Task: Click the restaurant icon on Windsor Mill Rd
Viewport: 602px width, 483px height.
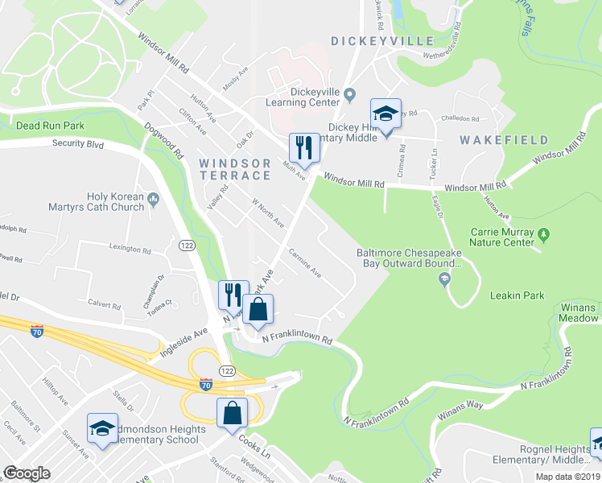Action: coord(304,147)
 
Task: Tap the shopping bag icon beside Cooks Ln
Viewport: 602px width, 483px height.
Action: coord(232,413)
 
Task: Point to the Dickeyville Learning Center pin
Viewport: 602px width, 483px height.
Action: coord(349,96)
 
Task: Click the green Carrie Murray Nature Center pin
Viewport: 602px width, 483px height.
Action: coord(544,236)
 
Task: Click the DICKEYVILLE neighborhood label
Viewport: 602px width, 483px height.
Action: coord(375,40)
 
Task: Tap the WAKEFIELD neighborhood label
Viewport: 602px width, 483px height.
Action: coord(497,140)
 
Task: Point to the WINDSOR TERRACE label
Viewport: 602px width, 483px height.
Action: coord(234,169)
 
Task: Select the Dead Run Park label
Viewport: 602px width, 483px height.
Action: coord(50,126)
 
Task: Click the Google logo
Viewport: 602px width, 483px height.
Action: coord(27,473)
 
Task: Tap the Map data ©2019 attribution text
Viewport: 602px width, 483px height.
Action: coord(567,477)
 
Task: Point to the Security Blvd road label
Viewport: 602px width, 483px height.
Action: coord(78,144)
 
